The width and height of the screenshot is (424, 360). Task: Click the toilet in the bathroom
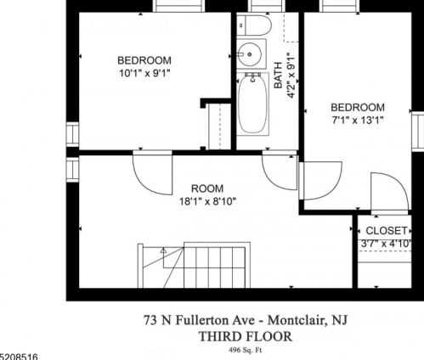click(254, 25)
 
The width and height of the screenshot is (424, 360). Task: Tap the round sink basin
click(248, 53)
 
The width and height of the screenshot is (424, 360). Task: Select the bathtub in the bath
click(252, 104)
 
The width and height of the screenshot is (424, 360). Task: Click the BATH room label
click(278, 76)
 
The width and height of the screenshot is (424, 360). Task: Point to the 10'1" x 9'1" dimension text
click(144, 73)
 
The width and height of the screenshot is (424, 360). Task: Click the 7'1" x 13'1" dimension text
click(358, 121)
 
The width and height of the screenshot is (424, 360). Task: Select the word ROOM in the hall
click(207, 188)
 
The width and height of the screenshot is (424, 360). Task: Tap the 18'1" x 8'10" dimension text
click(207, 201)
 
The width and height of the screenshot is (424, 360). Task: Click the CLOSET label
click(387, 231)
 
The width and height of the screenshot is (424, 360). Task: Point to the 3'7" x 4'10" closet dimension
click(386, 244)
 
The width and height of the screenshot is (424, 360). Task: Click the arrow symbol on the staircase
click(163, 250)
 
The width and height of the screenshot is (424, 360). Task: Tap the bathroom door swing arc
click(280, 172)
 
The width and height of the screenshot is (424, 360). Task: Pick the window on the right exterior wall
click(417, 132)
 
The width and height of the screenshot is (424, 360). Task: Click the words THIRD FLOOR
click(246, 337)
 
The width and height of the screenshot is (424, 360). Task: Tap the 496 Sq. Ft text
click(246, 351)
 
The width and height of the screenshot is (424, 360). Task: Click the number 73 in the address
click(150, 320)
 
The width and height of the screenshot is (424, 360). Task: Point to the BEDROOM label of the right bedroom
click(358, 108)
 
